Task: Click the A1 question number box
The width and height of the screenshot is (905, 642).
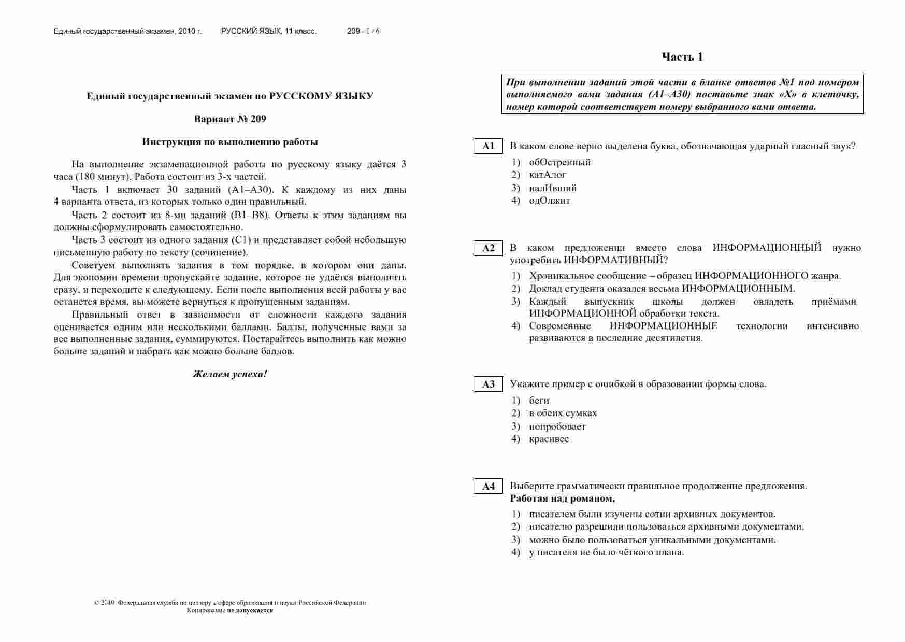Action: (x=488, y=146)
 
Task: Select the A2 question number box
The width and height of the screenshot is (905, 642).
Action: (x=488, y=248)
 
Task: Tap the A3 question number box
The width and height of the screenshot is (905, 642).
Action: (x=488, y=384)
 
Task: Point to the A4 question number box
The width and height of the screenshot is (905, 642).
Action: (x=488, y=487)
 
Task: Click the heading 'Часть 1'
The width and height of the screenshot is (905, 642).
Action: (x=682, y=57)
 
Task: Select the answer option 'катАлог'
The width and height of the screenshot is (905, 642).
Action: (x=548, y=175)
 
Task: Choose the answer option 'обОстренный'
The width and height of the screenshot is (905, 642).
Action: (x=559, y=162)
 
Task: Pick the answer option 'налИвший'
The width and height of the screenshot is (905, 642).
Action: (x=553, y=188)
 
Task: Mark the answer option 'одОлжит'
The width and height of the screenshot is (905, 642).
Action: (x=550, y=201)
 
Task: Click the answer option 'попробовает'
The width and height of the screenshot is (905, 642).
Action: (x=557, y=426)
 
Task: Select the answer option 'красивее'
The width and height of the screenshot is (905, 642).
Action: (x=549, y=439)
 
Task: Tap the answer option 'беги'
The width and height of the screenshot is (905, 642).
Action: (x=539, y=401)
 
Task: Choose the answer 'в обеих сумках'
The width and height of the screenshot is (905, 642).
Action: (x=563, y=413)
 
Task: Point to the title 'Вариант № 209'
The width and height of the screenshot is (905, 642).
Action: (x=230, y=119)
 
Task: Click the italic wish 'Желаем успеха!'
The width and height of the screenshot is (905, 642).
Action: (x=230, y=374)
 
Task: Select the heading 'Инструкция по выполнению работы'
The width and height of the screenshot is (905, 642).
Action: (x=230, y=142)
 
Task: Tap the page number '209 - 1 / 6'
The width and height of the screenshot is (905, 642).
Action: (x=363, y=31)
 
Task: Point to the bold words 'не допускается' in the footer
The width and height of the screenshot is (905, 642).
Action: (x=250, y=610)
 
